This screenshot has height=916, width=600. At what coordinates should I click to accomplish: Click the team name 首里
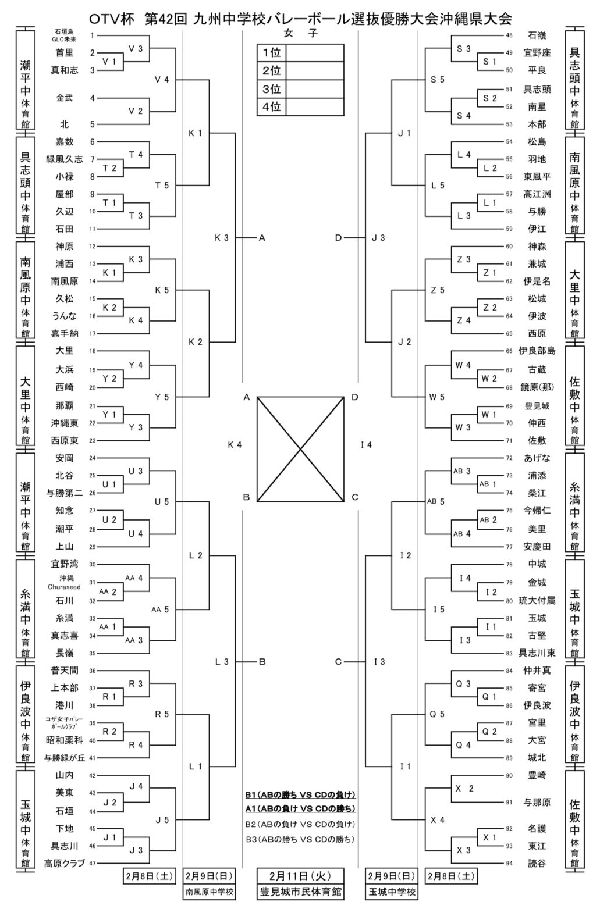(x=65, y=53)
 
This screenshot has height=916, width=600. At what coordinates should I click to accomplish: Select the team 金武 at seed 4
(x=65, y=98)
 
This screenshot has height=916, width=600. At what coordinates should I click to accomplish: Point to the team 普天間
(x=65, y=670)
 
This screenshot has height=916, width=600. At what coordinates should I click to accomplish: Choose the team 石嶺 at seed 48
(x=537, y=35)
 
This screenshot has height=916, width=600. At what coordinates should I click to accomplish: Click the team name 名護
(x=537, y=828)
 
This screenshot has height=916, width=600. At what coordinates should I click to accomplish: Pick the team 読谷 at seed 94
(x=537, y=864)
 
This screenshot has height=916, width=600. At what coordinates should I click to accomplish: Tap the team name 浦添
(x=537, y=475)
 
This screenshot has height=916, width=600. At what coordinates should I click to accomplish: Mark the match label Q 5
(x=437, y=714)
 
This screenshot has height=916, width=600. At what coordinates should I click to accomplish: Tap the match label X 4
(x=437, y=820)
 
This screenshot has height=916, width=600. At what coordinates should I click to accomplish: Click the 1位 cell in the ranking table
(x=272, y=53)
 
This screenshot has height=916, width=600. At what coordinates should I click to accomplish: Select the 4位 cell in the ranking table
(x=272, y=108)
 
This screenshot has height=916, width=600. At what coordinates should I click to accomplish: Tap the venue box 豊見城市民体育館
(x=300, y=892)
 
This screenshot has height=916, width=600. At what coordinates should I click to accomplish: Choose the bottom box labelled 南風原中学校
(x=209, y=892)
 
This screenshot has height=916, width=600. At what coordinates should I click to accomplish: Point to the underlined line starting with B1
(x=300, y=794)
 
